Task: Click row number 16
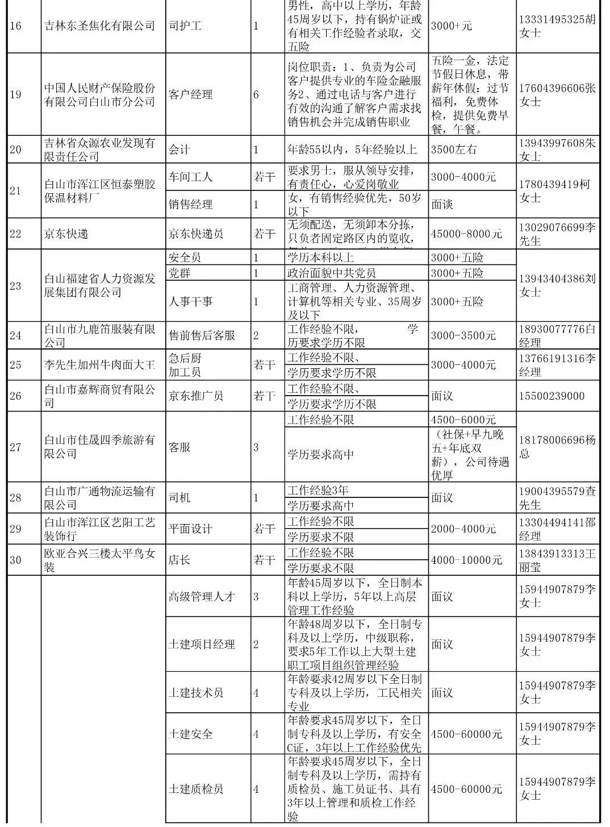(x=15, y=26)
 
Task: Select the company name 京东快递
(x=66, y=234)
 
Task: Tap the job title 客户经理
(x=191, y=94)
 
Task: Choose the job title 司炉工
(x=185, y=26)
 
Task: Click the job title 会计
(x=179, y=149)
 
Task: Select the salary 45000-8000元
(x=466, y=234)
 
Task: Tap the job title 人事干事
(x=191, y=301)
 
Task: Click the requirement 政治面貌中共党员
(x=332, y=273)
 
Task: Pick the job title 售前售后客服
(x=202, y=335)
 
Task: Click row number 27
(x=15, y=447)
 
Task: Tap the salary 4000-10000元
(x=466, y=560)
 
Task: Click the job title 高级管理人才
(x=202, y=596)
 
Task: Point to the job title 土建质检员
(x=196, y=789)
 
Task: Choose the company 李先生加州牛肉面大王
(x=99, y=365)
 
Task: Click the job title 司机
(x=179, y=498)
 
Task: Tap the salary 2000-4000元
(x=463, y=529)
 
